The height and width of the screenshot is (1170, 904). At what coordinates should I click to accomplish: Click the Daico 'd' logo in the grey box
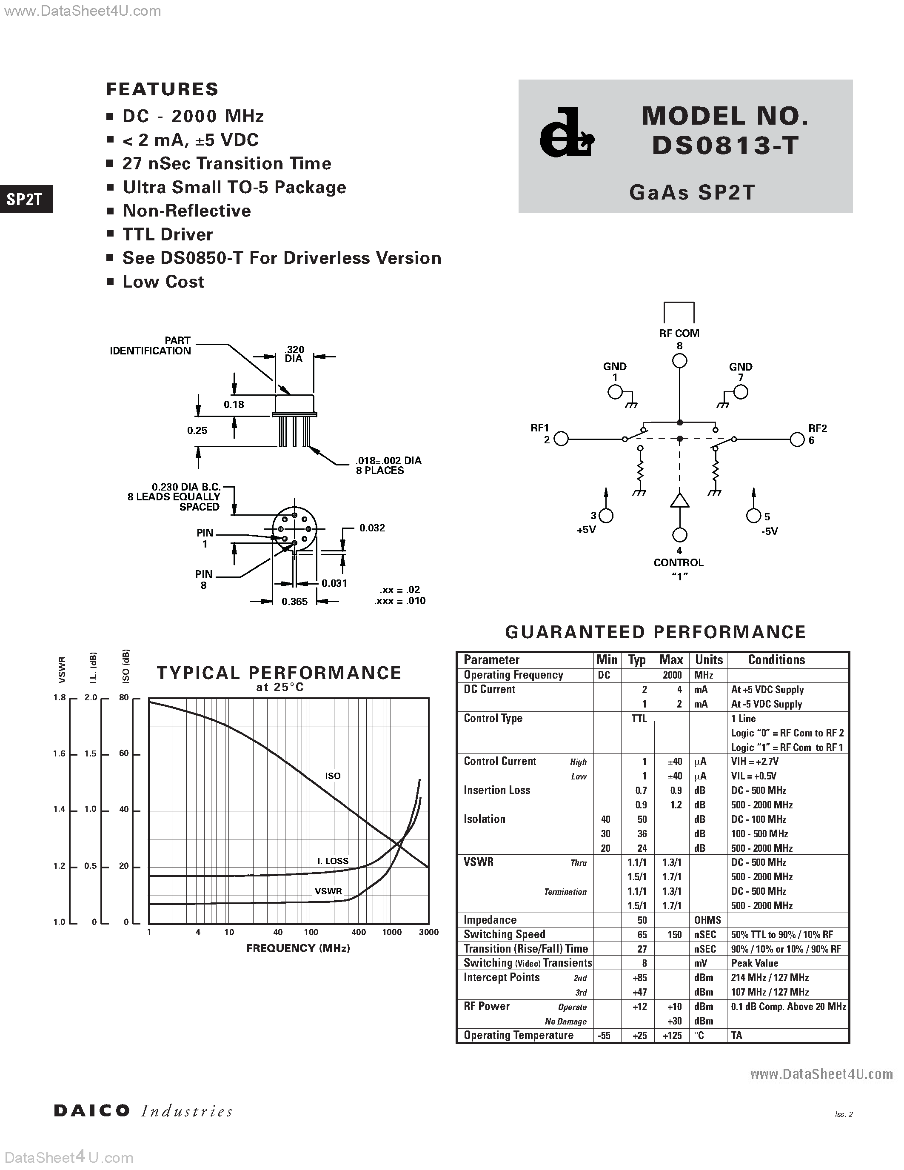click(566, 134)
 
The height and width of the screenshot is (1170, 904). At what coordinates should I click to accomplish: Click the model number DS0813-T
click(725, 145)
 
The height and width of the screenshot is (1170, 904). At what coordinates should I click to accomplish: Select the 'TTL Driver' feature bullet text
click(168, 234)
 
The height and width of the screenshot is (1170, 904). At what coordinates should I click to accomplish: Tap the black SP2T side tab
click(25, 199)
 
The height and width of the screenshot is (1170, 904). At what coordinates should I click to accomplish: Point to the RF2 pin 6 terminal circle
click(797, 439)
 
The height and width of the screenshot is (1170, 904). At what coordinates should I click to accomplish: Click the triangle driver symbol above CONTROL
click(680, 500)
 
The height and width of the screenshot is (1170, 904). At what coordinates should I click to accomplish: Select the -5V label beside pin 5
click(770, 531)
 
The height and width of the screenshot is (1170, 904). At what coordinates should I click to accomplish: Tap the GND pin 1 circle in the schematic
click(615, 393)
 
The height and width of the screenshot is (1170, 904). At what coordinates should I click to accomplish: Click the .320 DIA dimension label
click(294, 354)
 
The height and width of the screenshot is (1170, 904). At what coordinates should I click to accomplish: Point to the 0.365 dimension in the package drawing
click(294, 602)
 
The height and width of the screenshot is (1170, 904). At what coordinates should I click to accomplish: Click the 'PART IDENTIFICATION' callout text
click(151, 345)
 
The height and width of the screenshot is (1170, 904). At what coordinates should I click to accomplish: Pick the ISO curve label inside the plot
click(333, 776)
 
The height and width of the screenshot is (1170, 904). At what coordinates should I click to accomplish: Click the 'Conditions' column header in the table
click(776, 660)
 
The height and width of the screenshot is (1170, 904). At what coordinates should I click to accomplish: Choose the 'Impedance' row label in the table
click(490, 920)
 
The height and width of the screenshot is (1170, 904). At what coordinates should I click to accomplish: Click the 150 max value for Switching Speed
click(674, 934)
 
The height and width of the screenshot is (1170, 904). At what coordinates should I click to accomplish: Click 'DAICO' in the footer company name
click(91, 1110)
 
